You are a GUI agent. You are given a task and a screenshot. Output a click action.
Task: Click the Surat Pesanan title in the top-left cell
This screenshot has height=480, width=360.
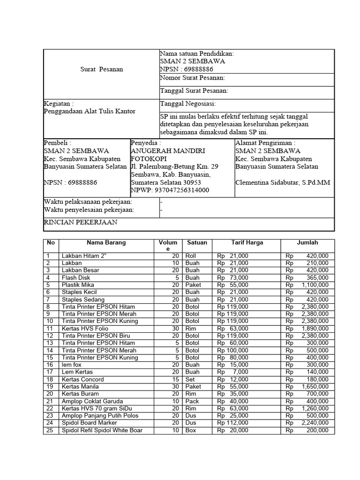101,69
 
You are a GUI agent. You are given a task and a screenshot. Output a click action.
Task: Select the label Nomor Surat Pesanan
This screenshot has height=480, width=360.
192,78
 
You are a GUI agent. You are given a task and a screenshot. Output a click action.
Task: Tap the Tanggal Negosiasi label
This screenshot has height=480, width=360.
188,104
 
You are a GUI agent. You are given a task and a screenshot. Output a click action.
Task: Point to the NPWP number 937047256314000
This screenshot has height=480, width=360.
170,190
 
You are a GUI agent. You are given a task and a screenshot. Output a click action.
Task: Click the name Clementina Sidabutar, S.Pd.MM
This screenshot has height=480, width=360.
283,182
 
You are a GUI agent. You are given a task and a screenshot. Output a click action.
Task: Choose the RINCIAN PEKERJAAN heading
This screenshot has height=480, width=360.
80,222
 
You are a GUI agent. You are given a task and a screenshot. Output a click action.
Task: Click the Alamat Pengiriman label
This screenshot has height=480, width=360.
265,143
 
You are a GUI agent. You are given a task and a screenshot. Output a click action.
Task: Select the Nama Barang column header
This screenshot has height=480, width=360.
106,243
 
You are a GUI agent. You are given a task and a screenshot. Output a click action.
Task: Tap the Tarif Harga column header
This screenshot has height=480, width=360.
247,243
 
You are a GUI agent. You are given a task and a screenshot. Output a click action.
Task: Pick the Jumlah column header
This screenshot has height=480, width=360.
307,243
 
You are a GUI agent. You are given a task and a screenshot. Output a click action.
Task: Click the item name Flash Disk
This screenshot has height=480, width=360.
76,278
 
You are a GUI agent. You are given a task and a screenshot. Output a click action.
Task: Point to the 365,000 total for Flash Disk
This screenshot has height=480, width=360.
317,278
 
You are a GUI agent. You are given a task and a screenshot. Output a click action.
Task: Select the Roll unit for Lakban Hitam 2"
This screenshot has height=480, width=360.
191,256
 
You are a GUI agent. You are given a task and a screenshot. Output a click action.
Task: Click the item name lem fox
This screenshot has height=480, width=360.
72,365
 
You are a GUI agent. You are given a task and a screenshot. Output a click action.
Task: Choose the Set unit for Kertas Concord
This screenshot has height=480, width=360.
190,379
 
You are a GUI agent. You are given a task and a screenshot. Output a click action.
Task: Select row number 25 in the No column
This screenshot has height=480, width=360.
49,430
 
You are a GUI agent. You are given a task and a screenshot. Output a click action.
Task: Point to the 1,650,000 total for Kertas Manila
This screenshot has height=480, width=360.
315,387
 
